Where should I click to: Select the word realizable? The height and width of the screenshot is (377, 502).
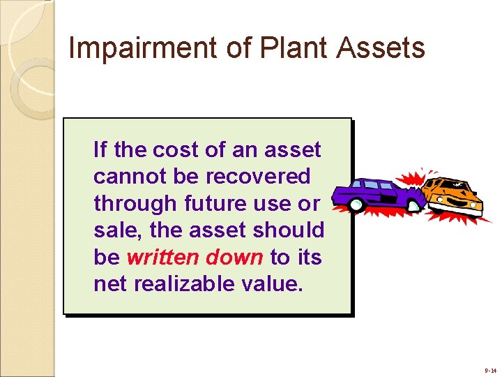click(188, 284)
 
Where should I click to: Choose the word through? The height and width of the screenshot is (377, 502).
click(136, 204)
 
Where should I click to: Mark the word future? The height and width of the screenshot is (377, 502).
click(217, 204)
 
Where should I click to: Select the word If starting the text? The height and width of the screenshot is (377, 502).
click(100, 149)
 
